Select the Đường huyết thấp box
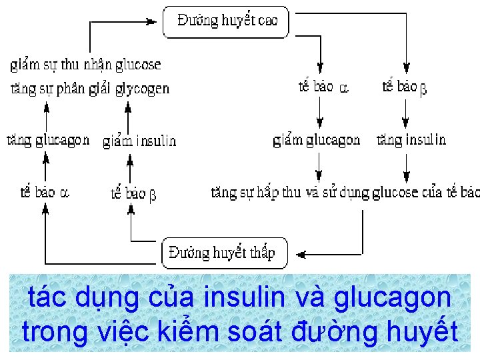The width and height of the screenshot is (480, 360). (225, 253)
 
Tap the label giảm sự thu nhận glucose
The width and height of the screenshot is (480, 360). (85, 65)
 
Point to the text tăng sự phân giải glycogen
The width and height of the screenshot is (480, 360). (90, 88)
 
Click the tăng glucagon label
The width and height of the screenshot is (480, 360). (47, 140)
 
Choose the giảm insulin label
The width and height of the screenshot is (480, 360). (139, 141)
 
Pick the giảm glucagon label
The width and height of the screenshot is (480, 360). (317, 140)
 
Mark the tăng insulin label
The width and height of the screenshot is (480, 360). (411, 140)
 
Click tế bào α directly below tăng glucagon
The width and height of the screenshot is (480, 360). (44, 193)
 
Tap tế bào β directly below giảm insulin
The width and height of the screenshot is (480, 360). (133, 193)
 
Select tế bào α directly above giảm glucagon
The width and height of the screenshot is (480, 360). (323, 87)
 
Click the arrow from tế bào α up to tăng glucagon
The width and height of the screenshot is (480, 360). (46, 167)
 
